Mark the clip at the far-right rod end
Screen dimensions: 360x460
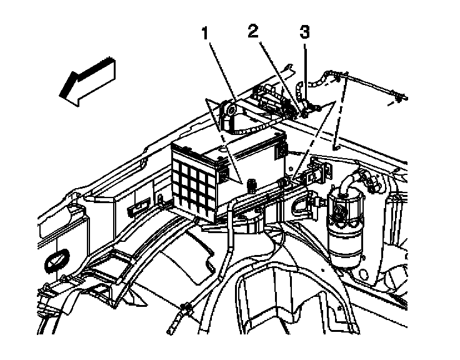pyautogui.click(x=397, y=97)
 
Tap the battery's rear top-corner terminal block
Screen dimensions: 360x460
pyautogui.click(x=279, y=149)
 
